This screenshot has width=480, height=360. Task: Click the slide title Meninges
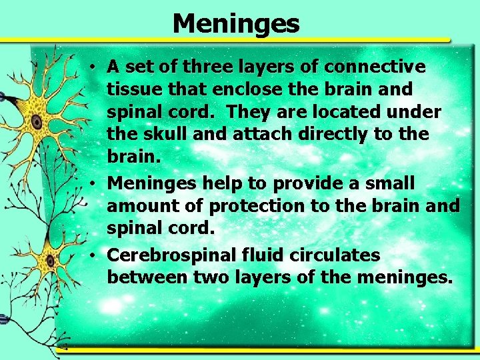236,24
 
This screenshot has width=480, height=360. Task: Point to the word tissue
131,89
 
